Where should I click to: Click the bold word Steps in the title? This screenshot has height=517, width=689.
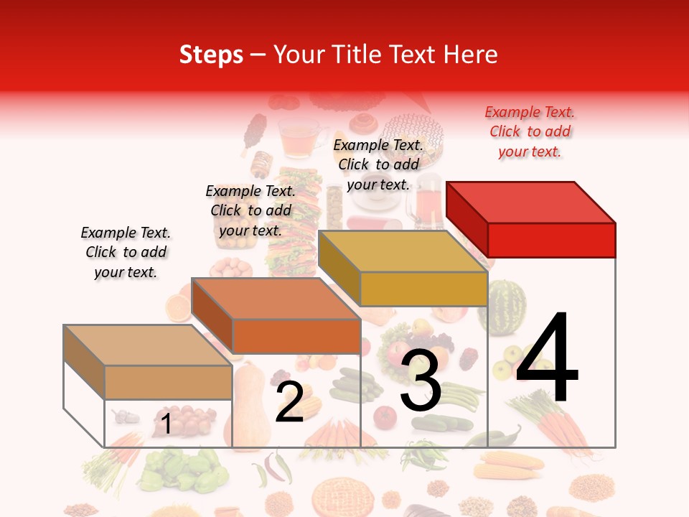click(211, 55)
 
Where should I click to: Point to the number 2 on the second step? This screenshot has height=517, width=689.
click(289, 402)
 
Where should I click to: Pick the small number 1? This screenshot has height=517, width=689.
click(167, 424)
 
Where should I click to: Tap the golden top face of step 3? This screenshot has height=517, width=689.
click(402, 251)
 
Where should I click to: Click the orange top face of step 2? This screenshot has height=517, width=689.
click(276, 299)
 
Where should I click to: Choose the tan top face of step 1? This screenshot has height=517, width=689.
click(148, 345)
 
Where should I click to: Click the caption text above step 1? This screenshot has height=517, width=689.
click(126, 252)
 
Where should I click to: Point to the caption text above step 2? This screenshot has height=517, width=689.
click(250, 210)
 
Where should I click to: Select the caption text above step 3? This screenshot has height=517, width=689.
click(378, 164)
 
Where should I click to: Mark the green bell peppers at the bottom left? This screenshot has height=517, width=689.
click(179, 470)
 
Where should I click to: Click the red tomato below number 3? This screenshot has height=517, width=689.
click(385, 417)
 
